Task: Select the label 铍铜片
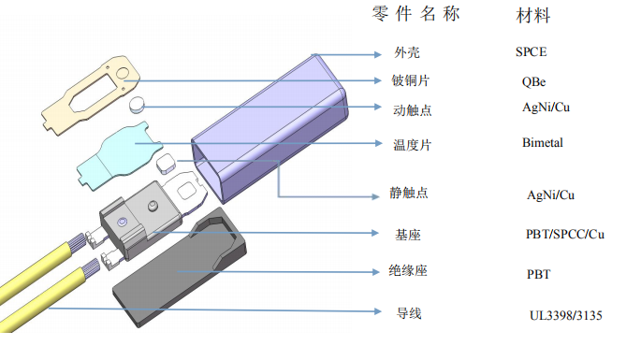(412, 80)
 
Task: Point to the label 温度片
(412, 144)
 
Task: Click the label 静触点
(410, 193)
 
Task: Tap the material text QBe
(534, 81)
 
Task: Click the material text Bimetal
(544, 143)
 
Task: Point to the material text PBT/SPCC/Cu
(565, 233)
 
